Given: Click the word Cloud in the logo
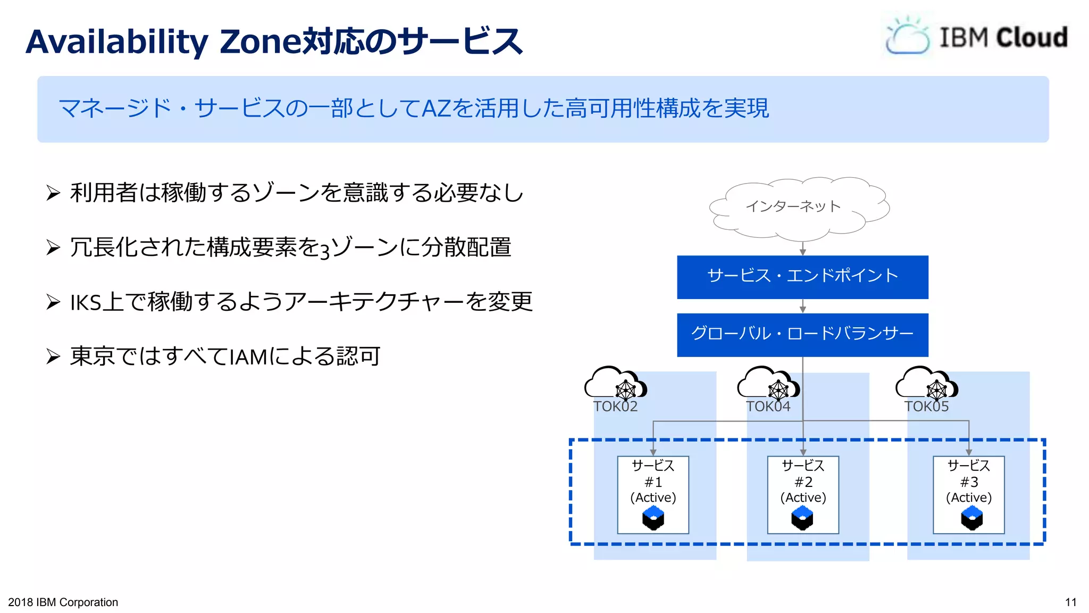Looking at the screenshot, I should pos(1031,38).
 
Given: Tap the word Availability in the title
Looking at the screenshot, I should pos(117,42).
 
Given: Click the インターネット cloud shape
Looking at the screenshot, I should pos(798,208).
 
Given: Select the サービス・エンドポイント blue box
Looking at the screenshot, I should pos(802,277).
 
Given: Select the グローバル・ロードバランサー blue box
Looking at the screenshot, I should pos(802,335).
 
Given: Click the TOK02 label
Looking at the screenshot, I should pos(615,407).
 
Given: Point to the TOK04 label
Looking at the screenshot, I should pos(768,407).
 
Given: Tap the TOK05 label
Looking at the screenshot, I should pos(926,407).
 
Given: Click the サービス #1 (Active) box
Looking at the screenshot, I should pos(652,494).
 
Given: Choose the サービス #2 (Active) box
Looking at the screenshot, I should pos(802,494).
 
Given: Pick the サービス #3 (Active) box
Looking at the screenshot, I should pos(968,494).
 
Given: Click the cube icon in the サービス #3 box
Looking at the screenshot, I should pos(971,518).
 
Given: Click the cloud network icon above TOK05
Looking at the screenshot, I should pos(926,383).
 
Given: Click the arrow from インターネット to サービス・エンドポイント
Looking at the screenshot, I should pos(802,249).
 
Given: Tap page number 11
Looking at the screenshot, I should pos(1070,602).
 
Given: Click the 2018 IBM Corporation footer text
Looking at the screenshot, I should pos(63,602).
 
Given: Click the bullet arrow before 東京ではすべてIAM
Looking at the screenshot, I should pos(53,356).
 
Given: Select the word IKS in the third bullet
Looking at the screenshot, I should pos(85,303).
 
